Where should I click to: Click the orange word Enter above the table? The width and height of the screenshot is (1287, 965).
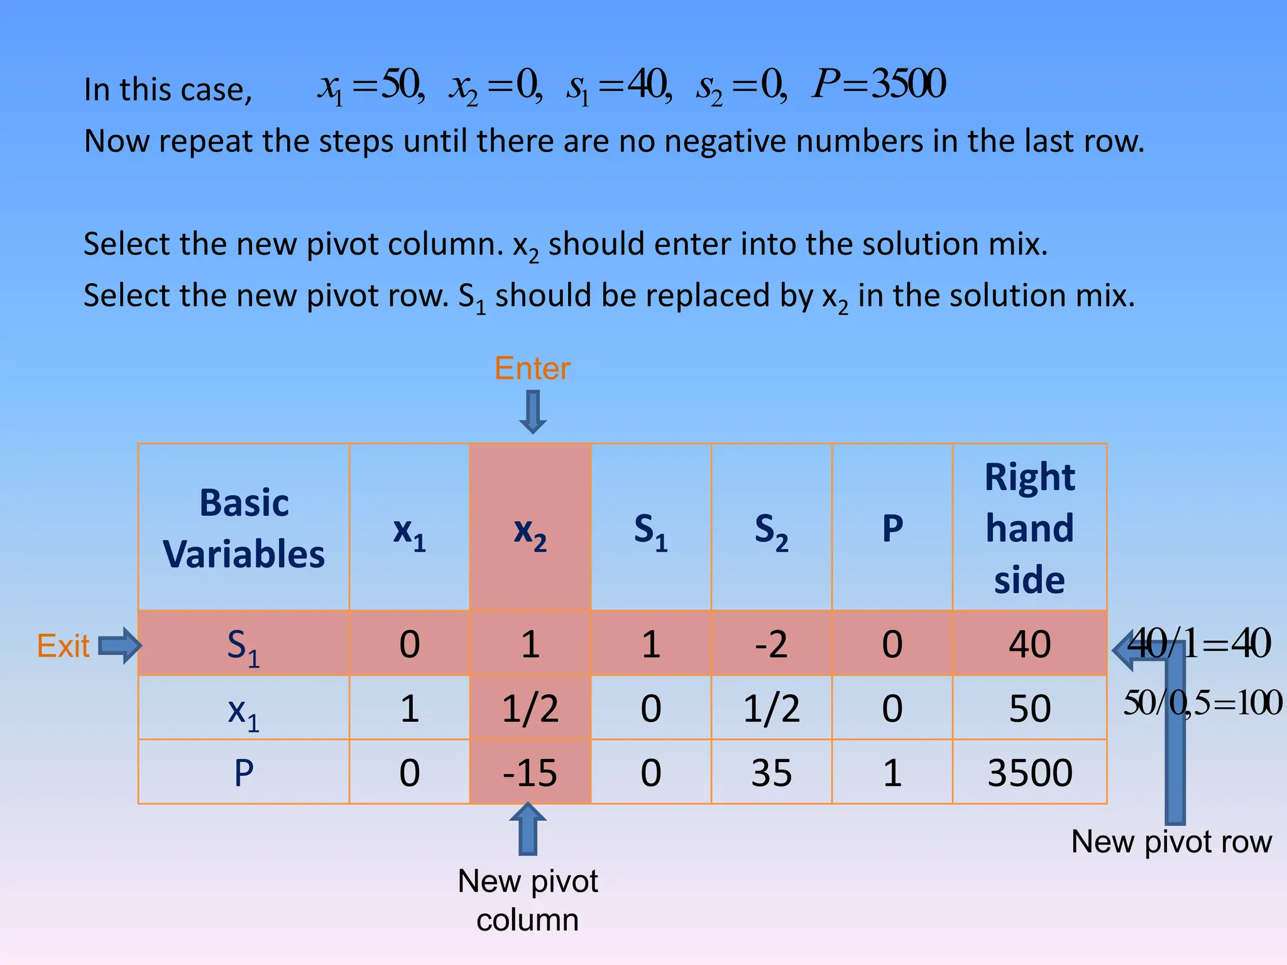[532, 368]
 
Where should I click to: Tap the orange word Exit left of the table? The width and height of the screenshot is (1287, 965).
[63, 646]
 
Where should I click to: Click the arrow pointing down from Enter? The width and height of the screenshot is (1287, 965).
[533, 412]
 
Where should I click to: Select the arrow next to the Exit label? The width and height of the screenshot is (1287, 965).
[120, 645]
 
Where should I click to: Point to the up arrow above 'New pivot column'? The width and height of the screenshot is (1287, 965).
[528, 829]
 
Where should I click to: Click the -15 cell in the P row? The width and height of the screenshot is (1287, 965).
[530, 772]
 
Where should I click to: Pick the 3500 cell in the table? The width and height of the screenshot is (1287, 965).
[1029, 772]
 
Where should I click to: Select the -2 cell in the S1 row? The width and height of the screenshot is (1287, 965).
[771, 644]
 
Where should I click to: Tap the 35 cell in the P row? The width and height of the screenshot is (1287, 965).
[771, 772]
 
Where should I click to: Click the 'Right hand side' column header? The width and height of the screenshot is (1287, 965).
[1029, 528]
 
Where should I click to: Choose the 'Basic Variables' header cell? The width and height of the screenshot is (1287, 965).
[244, 528]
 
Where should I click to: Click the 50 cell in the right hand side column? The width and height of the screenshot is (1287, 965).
[1029, 709]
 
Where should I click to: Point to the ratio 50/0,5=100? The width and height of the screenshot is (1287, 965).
[1202, 702]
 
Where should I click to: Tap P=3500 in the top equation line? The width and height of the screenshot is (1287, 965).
[879, 84]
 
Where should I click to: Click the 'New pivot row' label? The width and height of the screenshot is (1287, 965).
[1171, 842]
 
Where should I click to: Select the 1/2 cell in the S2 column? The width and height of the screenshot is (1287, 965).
[771, 709]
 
